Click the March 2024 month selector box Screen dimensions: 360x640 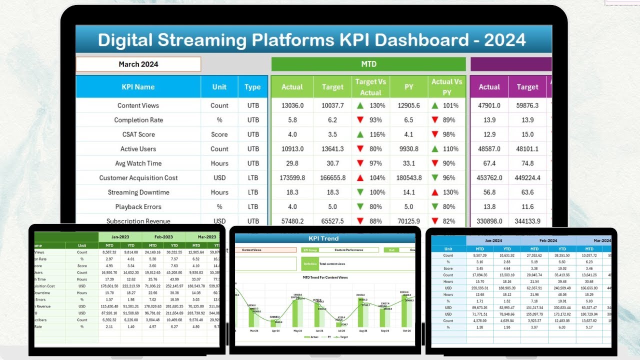(x=138, y=64)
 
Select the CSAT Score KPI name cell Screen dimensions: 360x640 (x=138, y=134)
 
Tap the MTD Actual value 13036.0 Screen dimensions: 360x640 (x=292, y=105)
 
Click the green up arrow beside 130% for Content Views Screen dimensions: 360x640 (x=360, y=105)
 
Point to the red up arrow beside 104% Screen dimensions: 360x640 (x=360, y=178)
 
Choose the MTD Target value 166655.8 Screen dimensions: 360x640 (x=332, y=178)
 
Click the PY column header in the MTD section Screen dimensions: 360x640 (x=408, y=87)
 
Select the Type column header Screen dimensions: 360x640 (x=252, y=87)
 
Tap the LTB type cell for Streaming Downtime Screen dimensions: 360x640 (x=253, y=192)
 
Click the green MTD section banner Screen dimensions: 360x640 (x=368, y=64)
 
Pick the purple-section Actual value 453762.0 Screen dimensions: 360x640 (x=489, y=178)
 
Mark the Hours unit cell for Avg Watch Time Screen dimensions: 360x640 (x=219, y=163)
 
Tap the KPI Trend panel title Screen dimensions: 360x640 (x=323, y=238)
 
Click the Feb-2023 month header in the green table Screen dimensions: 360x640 (x=163, y=237)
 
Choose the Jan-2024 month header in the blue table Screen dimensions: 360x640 (x=493, y=240)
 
